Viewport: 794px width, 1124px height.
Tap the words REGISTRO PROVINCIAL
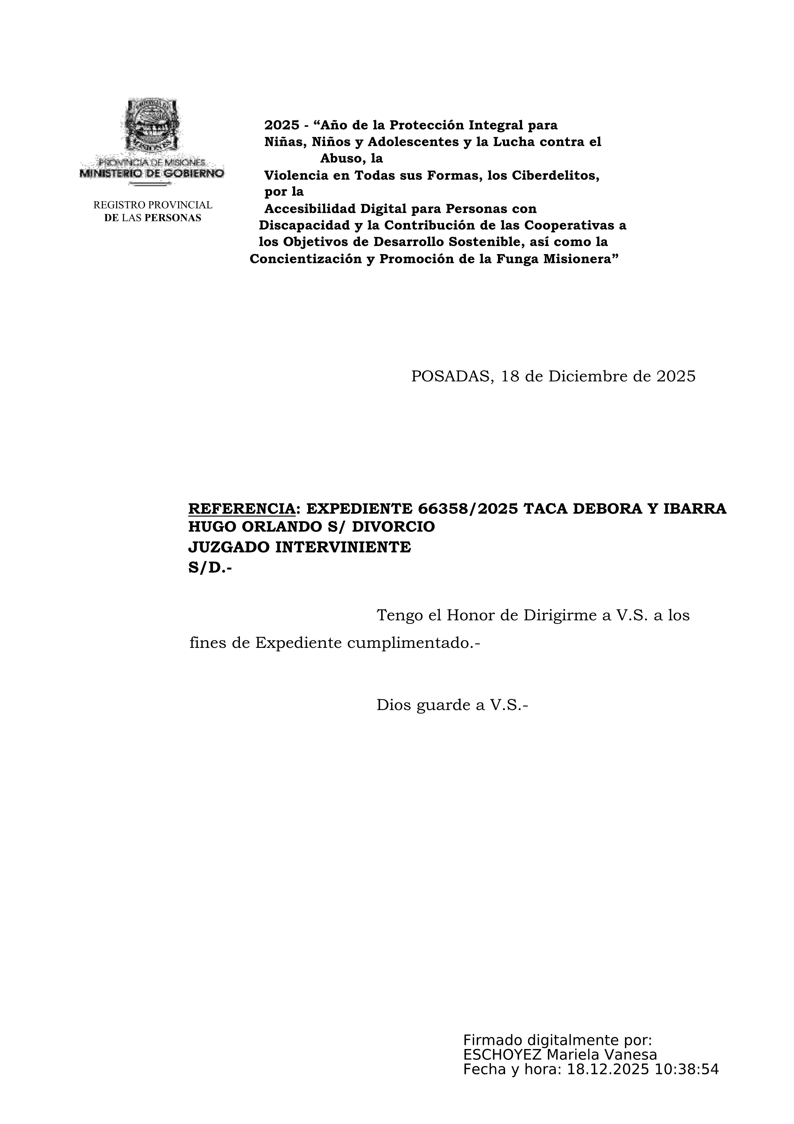[153, 205]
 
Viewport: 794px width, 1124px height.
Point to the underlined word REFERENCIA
[242, 509]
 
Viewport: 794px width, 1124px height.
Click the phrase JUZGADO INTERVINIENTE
[299, 547]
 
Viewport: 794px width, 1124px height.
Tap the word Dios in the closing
[394, 706]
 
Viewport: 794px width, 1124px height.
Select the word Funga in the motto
[517, 259]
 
